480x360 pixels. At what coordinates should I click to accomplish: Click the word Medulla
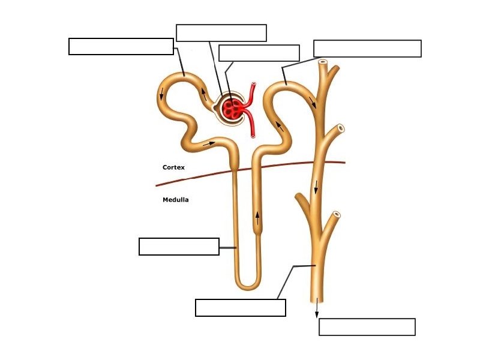click(x=175, y=200)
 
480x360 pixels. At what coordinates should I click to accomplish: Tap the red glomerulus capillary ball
click(x=232, y=108)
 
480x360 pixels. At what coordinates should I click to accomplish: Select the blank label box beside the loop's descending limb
click(x=179, y=247)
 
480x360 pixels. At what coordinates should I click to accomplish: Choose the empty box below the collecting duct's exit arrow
click(x=367, y=327)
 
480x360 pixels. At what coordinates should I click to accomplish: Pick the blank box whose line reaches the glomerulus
click(x=221, y=33)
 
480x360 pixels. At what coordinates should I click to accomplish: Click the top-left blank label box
click(x=121, y=46)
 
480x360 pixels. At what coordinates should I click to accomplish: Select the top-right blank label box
click(x=367, y=49)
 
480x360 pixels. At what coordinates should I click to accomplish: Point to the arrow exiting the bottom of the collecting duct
click(x=317, y=307)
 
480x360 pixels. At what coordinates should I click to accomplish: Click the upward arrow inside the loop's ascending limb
click(x=258, y=218)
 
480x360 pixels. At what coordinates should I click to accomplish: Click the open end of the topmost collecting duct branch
click(x=323, y=62)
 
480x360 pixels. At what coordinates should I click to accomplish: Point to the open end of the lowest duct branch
click(x=337, y=214)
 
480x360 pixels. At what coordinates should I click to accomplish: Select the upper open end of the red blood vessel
click(x=254, y=85)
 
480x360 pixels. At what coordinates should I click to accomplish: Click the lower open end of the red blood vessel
click(x=253, y=136)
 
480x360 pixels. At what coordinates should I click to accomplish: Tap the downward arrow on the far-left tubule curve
click(x=161, y=94)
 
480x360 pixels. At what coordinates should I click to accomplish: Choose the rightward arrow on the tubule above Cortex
click(x=209, y=143)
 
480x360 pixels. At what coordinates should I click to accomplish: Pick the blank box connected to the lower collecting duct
click(x=240, y=307)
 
